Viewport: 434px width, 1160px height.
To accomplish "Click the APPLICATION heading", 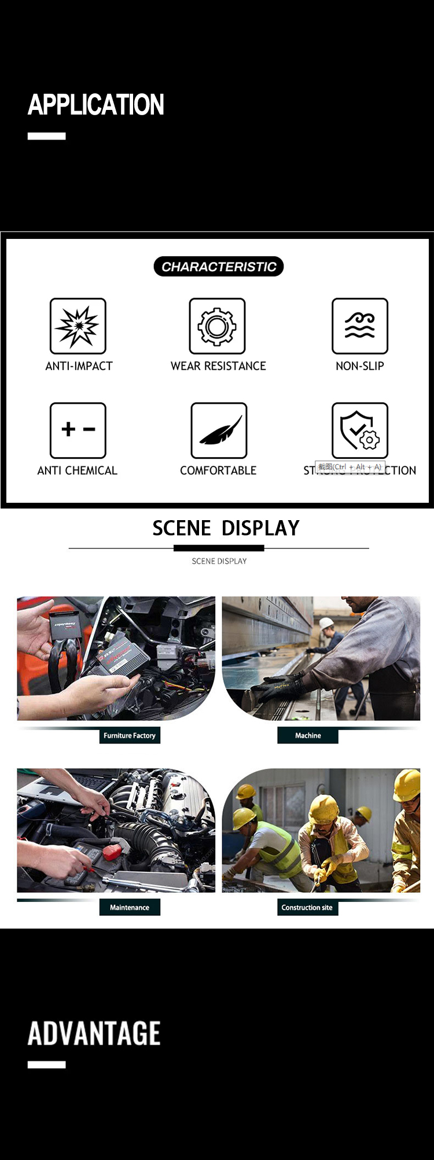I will [96, 105].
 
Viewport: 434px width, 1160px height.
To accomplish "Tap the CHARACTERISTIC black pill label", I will [219, 267].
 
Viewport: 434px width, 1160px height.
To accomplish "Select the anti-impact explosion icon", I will [78, 326].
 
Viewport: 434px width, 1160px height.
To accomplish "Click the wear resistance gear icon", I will [217, 326].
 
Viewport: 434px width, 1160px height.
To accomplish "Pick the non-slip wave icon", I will [359, 326].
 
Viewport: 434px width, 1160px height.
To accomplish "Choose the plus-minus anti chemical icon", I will [78, 430].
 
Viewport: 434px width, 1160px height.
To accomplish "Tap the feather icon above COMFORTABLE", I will [219, 430].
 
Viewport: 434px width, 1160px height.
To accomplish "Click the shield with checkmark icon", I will [359, 430].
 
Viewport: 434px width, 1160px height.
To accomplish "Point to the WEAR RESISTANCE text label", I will [218, 366].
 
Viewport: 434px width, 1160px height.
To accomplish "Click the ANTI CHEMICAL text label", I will [77, 471].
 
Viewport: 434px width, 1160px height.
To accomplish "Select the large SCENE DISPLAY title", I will [226, 528].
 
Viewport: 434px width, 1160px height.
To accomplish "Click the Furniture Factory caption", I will [130, 736].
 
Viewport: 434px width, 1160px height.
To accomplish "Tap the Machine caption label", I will [308, 736].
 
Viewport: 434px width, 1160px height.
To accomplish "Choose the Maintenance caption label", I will [130, 908].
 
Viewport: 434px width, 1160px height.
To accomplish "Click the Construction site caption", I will [307, 908].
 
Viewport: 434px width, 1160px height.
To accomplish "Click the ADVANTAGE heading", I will [94, 1034].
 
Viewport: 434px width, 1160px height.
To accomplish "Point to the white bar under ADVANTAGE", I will [46, 1065].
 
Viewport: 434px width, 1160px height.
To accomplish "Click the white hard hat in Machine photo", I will [327, 623].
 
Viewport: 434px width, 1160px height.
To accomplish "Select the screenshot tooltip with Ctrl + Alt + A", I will [350, 467].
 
